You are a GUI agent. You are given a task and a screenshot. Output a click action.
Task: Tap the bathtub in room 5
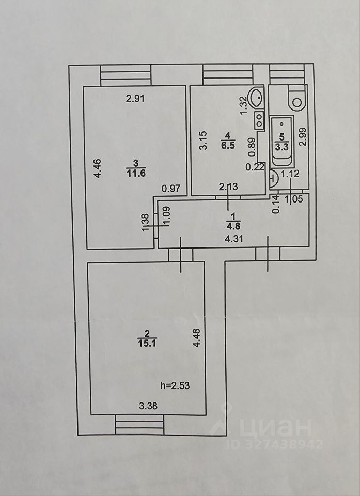click(281, 141)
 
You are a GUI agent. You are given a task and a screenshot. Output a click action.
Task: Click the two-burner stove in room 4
click(257, 120)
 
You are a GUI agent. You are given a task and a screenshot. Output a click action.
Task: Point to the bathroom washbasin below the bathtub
click(274, 178)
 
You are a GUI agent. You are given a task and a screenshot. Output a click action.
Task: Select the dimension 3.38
click(148, 406)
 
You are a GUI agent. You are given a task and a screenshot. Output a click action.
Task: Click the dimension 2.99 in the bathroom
click(303, 137)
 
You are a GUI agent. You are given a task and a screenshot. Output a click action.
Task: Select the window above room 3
click(125, 75)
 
